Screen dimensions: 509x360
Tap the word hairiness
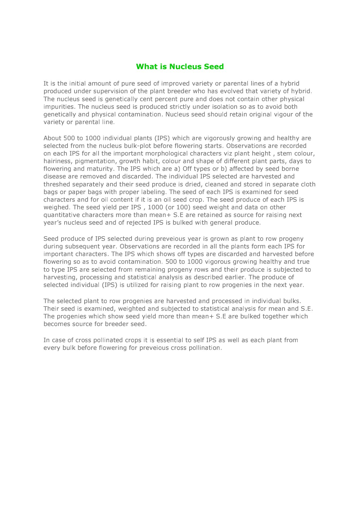pos(57,161)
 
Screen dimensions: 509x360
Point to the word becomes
pos(56,324)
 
